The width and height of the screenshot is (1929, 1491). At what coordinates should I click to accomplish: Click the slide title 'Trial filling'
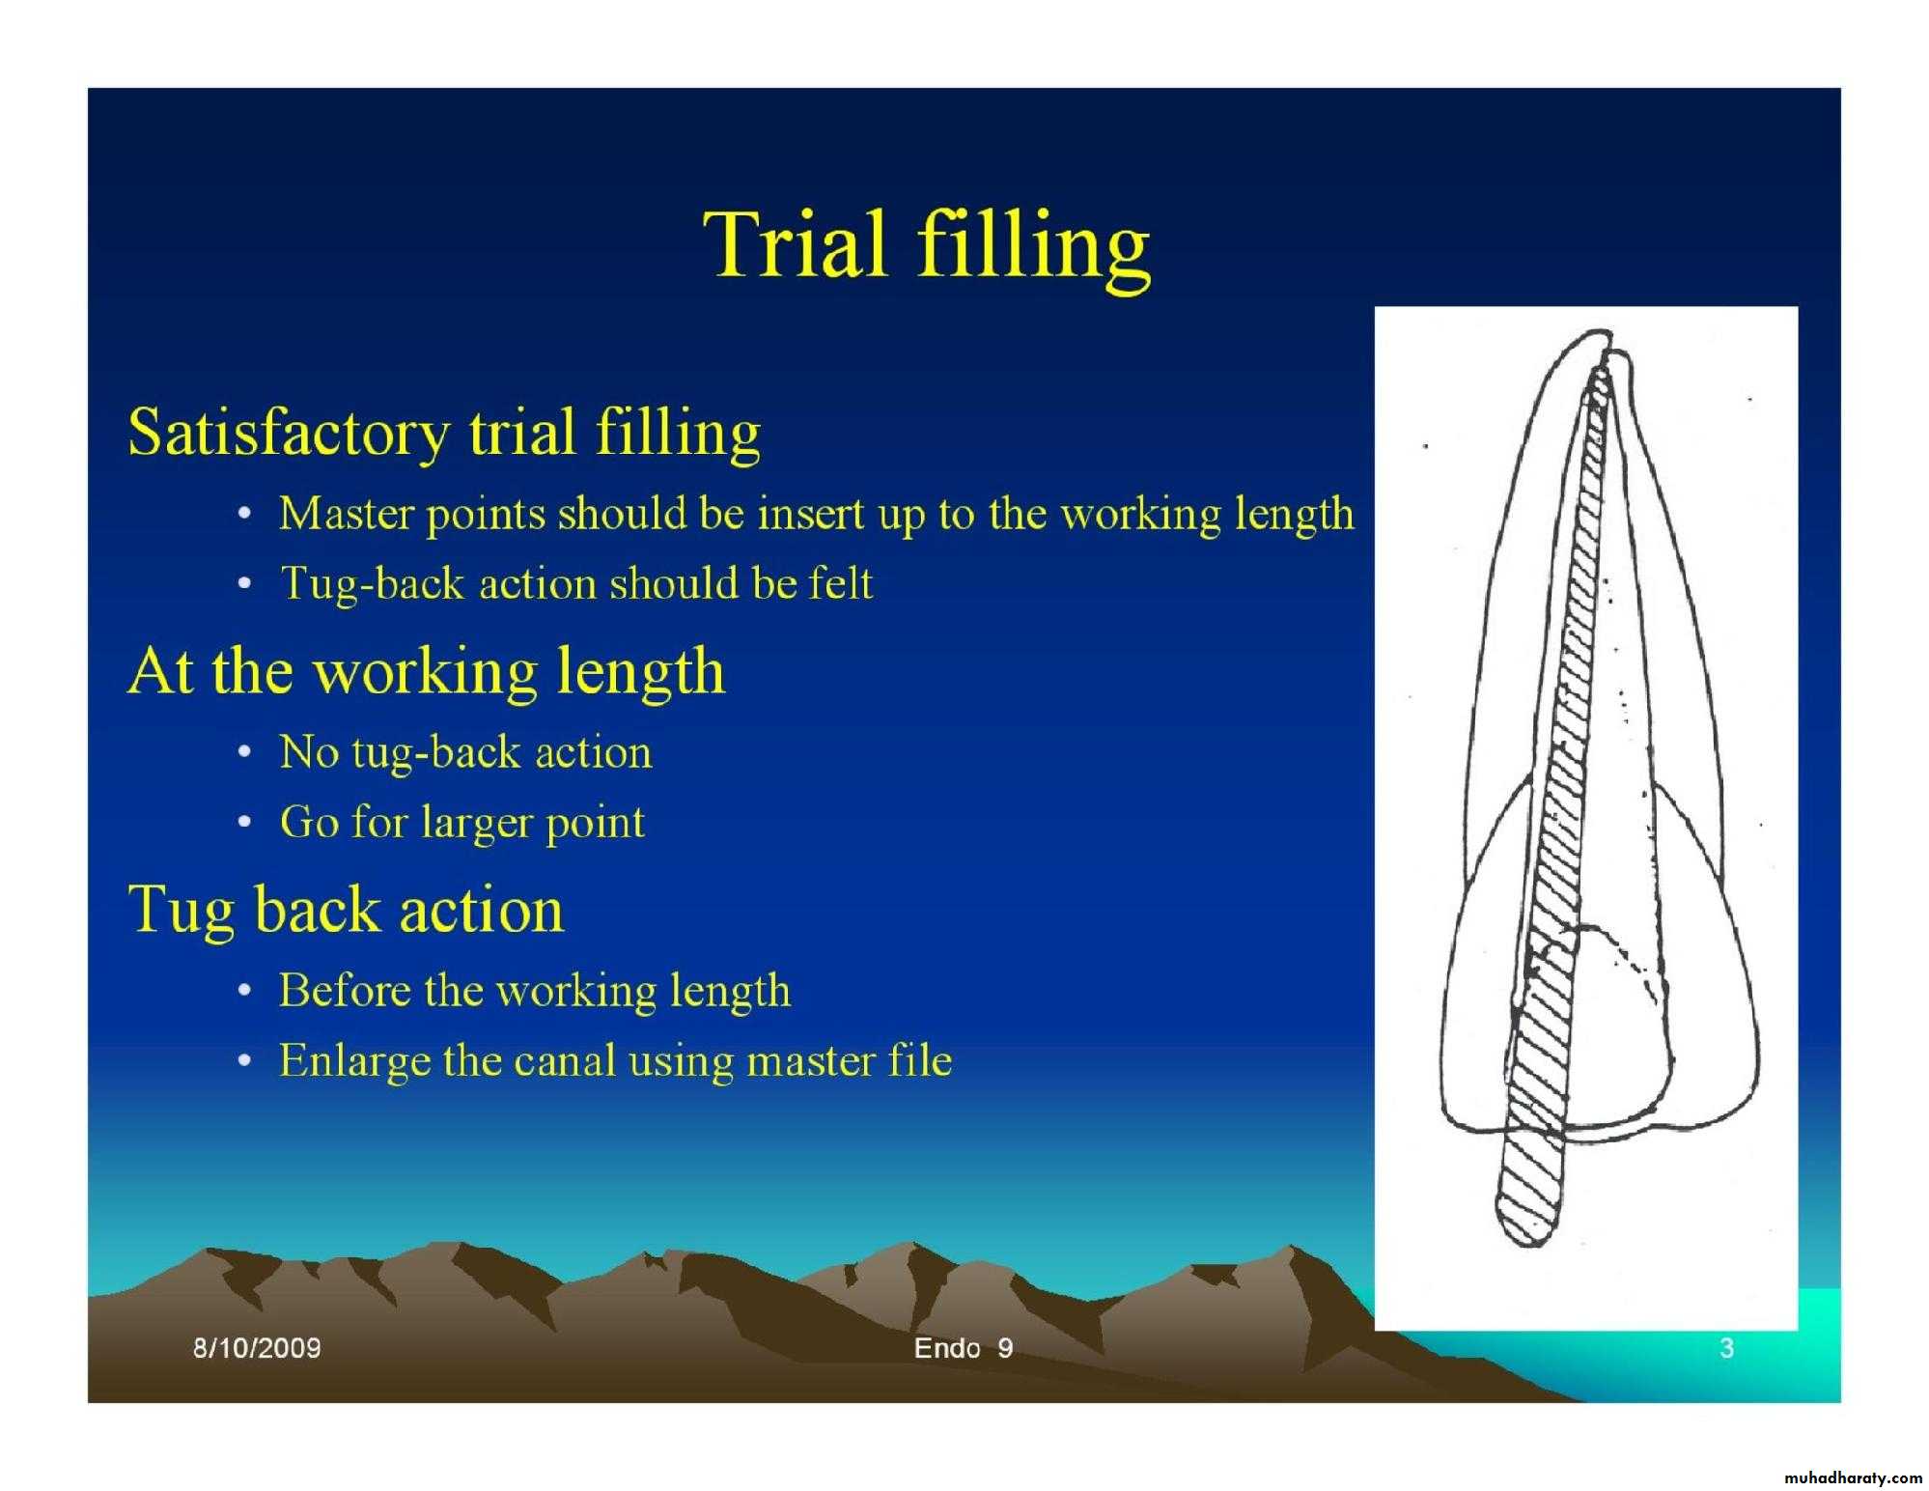(927, 247)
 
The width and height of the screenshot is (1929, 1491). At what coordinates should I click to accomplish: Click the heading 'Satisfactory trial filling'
(444, 433)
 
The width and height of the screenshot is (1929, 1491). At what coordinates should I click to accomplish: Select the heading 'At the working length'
(426, 671)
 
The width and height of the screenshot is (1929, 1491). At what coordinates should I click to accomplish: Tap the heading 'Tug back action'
(346, 910)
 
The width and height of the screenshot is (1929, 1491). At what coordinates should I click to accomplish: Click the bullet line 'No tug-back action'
(465, 752)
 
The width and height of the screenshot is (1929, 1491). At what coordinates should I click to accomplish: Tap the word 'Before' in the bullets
(345, 991)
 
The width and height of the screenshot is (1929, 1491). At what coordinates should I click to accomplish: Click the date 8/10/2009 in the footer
(257, 1348)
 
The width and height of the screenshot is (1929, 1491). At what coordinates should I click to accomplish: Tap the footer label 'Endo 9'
(964, 1348)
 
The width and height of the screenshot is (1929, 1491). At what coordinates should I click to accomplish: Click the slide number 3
(1727, 1348)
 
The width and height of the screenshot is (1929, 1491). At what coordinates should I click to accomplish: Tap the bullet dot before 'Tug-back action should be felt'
(246, 584)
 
